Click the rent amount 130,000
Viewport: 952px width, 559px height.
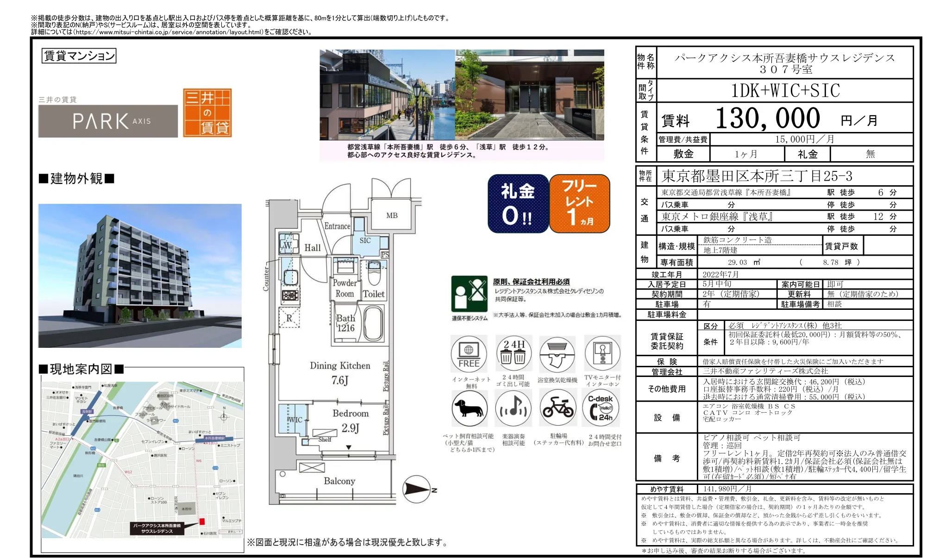pyautogui.click(x=768, y=119)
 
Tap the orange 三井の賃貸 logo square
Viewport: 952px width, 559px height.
pyautogui.click(x=207, y=113)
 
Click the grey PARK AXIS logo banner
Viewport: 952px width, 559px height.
pyautogui.click(x=108, y=121)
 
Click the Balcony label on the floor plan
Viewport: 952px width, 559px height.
pyautogui.click(x=339, y=481)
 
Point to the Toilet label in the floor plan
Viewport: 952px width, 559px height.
pyautogui.click(x=374, y=294)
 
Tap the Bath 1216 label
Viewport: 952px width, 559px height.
pyautogui.click(x=345, y=323)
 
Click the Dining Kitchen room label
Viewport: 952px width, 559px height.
pyautogui.click(x=340, y=365)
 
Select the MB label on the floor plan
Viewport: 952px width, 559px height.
pyautogui.click(x=392, y=215)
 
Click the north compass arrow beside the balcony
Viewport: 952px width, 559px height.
pyautogui.click(x=417, y=489)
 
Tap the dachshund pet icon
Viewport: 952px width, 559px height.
pyautogui.click(x=469, y=408)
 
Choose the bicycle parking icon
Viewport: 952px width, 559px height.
pyautogui.click(x=558, y=408)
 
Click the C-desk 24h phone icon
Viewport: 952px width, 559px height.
pyautogui.click(x=601, y=408)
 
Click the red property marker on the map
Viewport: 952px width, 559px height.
pyautogui.click(x=202, y=521)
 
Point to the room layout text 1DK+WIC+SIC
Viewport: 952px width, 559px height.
pyautogui.click(x=785, y=91)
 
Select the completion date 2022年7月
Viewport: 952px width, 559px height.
pyautogui.click(x=720, y=274)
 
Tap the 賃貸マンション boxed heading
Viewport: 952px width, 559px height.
pyautogui.click(x=79, y=56)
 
